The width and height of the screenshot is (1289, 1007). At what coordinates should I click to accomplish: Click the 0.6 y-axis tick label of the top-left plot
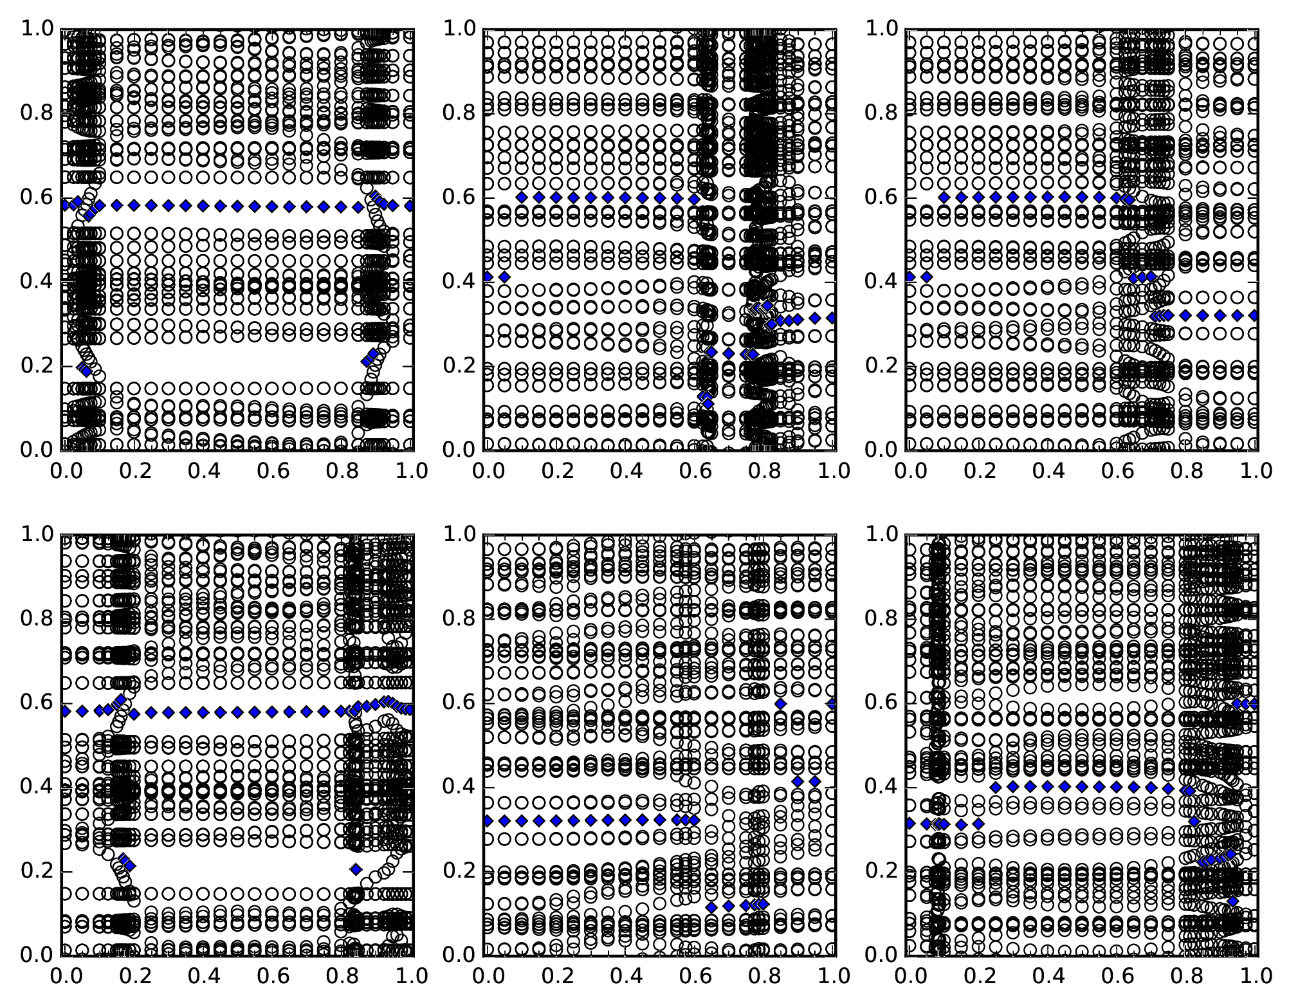click(x=37, y=198)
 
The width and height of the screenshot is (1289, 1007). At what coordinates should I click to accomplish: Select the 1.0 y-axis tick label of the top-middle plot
click(x=459, y=29)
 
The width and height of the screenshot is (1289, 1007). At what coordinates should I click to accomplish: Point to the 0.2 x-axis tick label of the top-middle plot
click(x=554, y=470)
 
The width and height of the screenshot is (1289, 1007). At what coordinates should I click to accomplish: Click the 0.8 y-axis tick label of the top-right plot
click(x=881, y=113)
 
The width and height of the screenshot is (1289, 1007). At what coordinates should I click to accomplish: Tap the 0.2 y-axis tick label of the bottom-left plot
click(x=37, y=871)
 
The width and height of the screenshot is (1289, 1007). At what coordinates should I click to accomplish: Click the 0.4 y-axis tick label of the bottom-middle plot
click(x=459, y=787)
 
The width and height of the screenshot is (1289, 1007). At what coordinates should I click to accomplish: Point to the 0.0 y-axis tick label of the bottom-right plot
click(x=881, y=955)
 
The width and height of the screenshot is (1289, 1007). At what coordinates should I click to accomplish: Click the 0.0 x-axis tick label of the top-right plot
click(x=908, y=470)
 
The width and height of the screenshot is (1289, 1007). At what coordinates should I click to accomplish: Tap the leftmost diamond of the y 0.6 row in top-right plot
click(x=944, y=198)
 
